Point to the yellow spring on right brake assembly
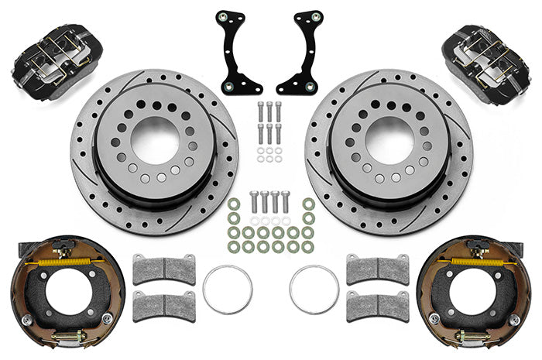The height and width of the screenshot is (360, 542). coord(474,261)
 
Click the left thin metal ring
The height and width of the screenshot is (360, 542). coord(227,290)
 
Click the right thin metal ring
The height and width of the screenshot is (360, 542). coord(314,290)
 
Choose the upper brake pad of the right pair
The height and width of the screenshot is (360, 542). coord(377,269)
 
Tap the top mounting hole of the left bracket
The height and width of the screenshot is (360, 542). coord(221,15)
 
